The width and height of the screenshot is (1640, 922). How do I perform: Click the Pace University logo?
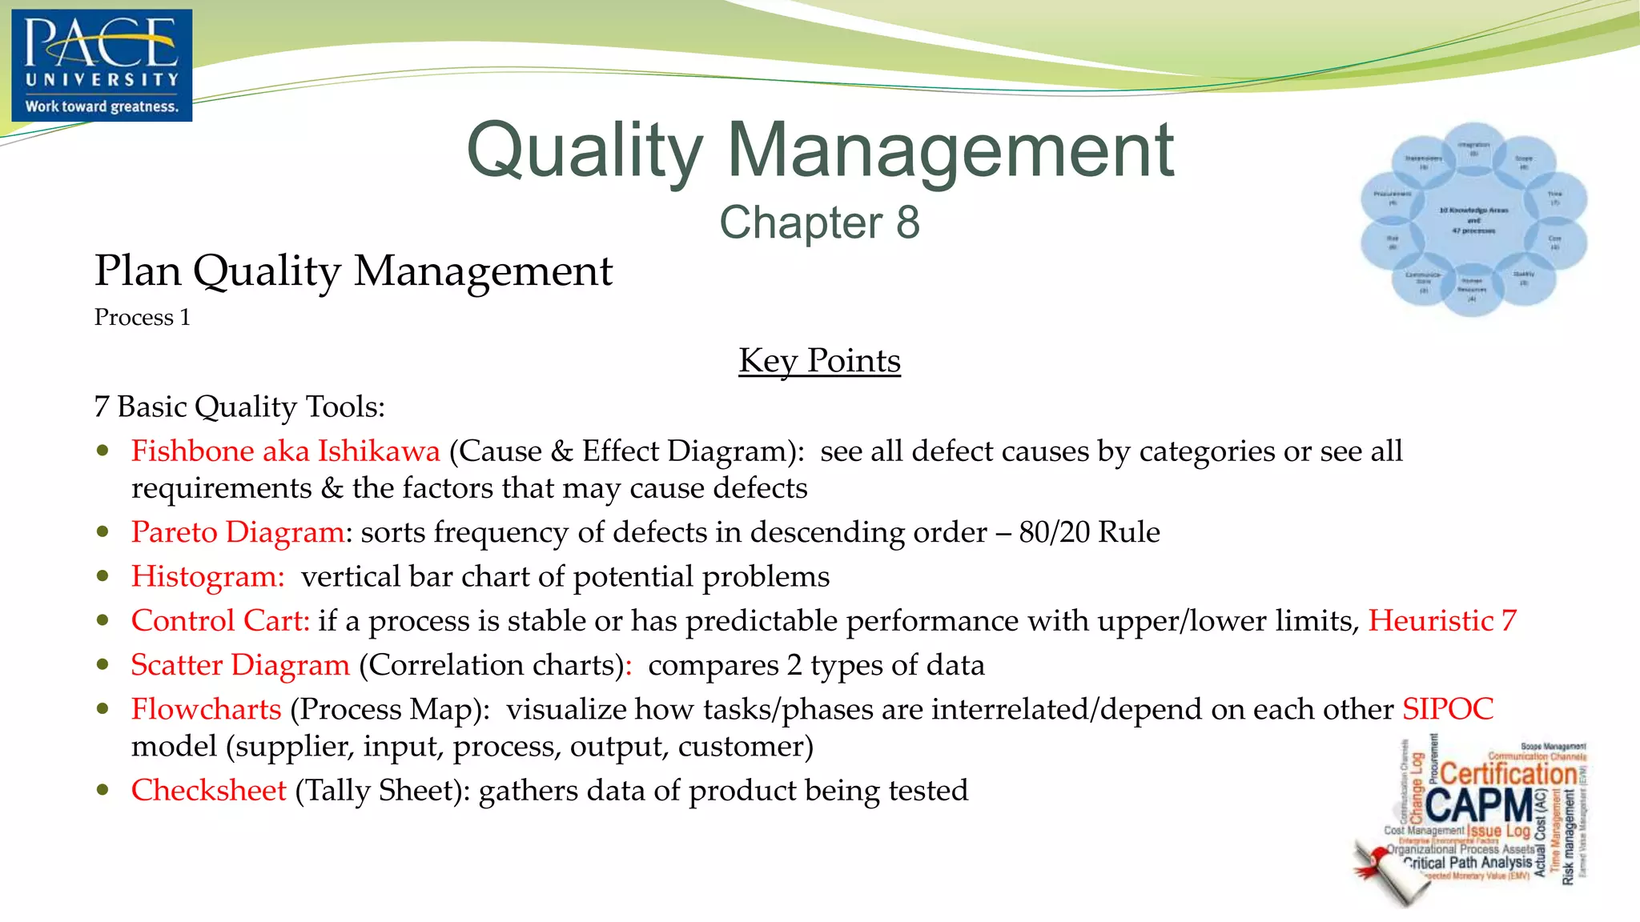pyautogui.click(x=102, y=65)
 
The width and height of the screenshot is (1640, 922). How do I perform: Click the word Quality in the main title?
pyautogui.click(x=585, y=151)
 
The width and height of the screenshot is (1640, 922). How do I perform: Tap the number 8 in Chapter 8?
pyautogui.click(x=907, y=222)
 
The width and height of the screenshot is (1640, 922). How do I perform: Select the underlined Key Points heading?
pyautogui.click(x=819, y=361)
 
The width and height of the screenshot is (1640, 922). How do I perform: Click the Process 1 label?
pyautogui.click(x=142, y=318)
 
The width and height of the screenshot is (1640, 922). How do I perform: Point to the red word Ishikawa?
pyautogui.click(x=379, y=451)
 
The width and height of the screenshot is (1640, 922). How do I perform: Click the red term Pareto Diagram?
pyautogui.click(x=238, y=532)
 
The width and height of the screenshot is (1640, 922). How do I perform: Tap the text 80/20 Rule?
pyautogui.click(x=1089, y=532)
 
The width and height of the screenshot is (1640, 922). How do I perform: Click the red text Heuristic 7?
pyautogui.click(x=1442, y=621)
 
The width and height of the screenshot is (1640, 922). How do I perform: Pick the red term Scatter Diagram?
pyautogui.click(x=240, y=665)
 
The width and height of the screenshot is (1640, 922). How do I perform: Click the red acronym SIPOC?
pyautogui.click(x=1448, y=709)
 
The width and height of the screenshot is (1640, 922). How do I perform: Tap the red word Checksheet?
pyautogui.click(x=209, y=791)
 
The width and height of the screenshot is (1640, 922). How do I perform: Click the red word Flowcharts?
pyautogui.click(x=206, y=709)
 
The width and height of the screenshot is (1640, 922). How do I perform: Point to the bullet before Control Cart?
pyautogui.click(x=102, y=620)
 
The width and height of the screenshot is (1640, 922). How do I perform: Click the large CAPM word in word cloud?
pyautogui.click(x=1479, y=805)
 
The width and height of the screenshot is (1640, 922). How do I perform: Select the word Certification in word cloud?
pyautogui.click(x=1509, y=774)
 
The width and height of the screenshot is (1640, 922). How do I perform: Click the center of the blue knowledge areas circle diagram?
pyautogui.click(x=1473, y=220)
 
